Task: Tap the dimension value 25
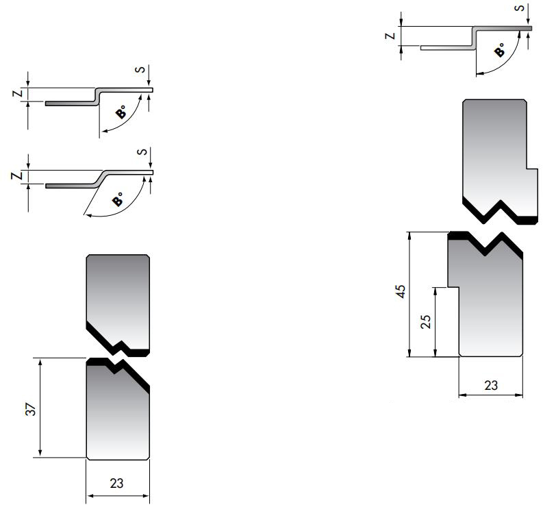tap(426, 322)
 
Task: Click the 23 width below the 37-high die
tap(117, 483)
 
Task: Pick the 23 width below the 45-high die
tap(491, 385)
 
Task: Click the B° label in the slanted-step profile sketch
tap(118, 200)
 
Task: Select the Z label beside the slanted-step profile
tap(21, 177)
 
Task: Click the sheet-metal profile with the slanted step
tap(99, 178)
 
